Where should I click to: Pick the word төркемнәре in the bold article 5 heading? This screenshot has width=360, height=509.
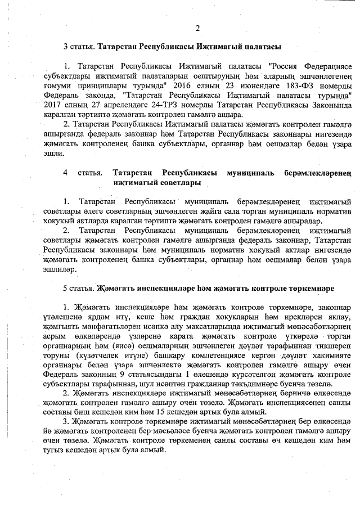click(313, 288)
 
